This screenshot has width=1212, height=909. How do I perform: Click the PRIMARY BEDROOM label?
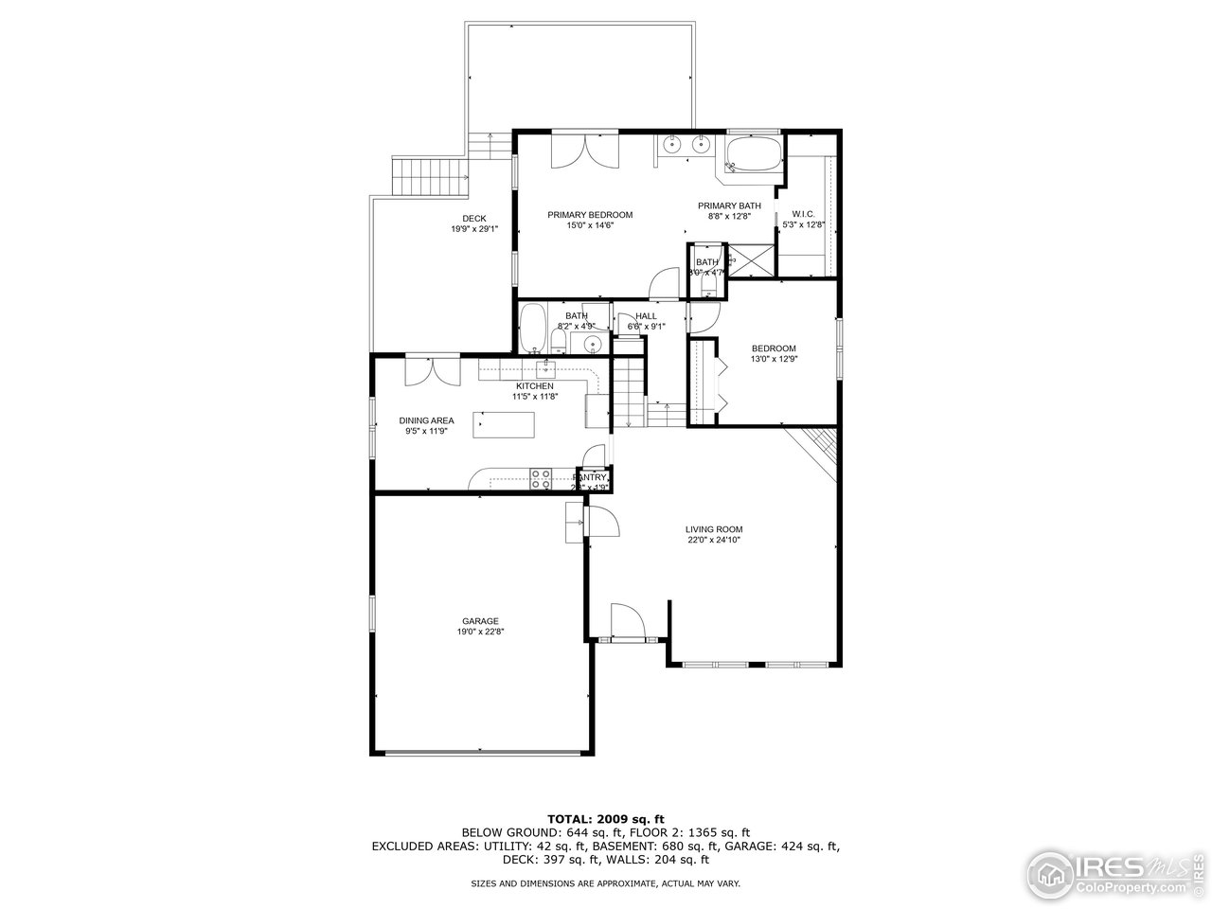[x=590, y=215]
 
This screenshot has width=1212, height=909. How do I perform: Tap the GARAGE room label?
[x=480, y=621]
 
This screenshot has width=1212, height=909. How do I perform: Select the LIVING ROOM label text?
[x=714, y=529]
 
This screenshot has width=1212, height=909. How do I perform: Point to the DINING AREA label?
[x=426, y=420]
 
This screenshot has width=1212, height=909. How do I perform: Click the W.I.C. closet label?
[x=803, y=214]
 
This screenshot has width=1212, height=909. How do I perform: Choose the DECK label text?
[x=474, y=219]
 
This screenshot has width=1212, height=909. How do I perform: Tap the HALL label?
[x=647, y=315]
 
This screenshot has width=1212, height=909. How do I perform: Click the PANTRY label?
[x=596, y=477]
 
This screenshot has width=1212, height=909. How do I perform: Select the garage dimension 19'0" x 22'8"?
[x=480, y=632]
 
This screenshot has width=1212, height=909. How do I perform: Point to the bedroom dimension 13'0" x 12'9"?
[x=774, y=359]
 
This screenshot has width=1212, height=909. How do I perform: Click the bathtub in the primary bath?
[x=754, y=154]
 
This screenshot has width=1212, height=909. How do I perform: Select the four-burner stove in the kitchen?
[x=541, y=479]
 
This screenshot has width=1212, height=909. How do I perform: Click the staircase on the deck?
[x=431, y=176]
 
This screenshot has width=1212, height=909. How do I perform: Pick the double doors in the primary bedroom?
[x=584, y=150]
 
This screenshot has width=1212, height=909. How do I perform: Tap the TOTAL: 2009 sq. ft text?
[x=606, y=818]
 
